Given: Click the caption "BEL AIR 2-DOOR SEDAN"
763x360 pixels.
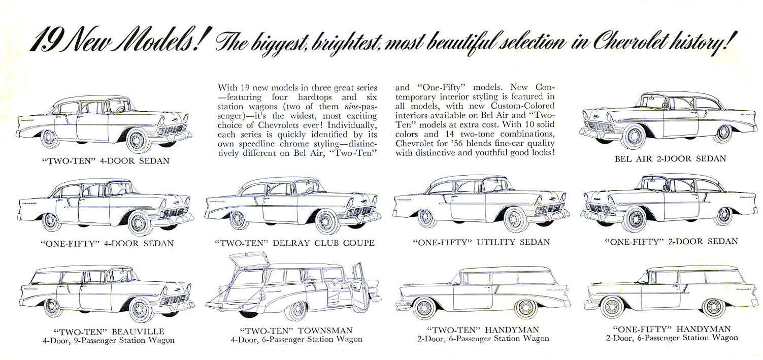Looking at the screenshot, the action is pyautogui.click(x=670, y=158).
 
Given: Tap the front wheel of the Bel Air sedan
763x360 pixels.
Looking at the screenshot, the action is pyautogui.click(x=633, y=136).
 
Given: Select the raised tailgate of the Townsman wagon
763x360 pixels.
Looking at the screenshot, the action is pyautogui.click(x=249, y=259).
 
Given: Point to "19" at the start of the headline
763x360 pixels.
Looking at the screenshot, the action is pyautogui.click(x=44, y=43).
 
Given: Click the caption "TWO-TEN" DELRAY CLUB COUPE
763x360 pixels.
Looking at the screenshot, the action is pyautogui.click(x=295, y=243).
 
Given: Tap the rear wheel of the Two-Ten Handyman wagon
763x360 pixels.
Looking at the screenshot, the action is pyautogui.click(x=424, y=308).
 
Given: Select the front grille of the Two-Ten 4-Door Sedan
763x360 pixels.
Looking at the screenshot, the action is pyautogui.click(x=173, y=129).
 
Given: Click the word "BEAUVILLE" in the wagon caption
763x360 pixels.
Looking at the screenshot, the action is pyautogui.click(x=138, y=332).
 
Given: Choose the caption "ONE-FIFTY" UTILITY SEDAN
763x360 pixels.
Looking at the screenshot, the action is pyautogui.click(x=481, y=242).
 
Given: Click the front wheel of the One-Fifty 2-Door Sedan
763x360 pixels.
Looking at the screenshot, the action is pyautogui.click(x=634, y=219).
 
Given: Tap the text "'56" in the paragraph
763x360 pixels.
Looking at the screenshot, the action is pyautogui.click(x=456, y=143).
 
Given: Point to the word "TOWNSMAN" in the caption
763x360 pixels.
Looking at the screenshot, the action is pyautogui.click(x=325, y=331).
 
